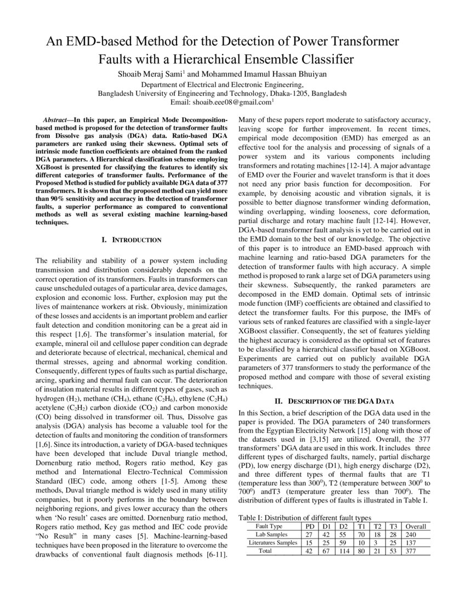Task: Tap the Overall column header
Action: point(415,526)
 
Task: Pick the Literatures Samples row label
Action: point(272,542)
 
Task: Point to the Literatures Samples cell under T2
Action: point(378,542)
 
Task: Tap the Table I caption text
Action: point(306,517)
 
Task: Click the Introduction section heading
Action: point(132,240)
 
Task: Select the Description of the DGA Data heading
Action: point(334,401)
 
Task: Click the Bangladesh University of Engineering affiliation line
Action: point(222,93)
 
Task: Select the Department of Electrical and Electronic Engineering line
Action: point(222,84)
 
